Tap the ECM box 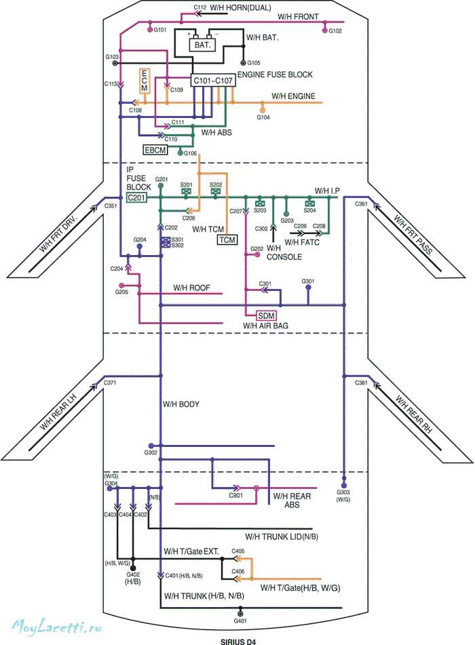[144, 81]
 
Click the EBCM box [154, 149]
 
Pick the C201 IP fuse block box [136, 197]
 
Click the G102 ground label [335, 31]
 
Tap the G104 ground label [263, 117]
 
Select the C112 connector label [199, 7]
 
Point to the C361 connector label [362, 204]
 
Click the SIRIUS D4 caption [240, 640]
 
